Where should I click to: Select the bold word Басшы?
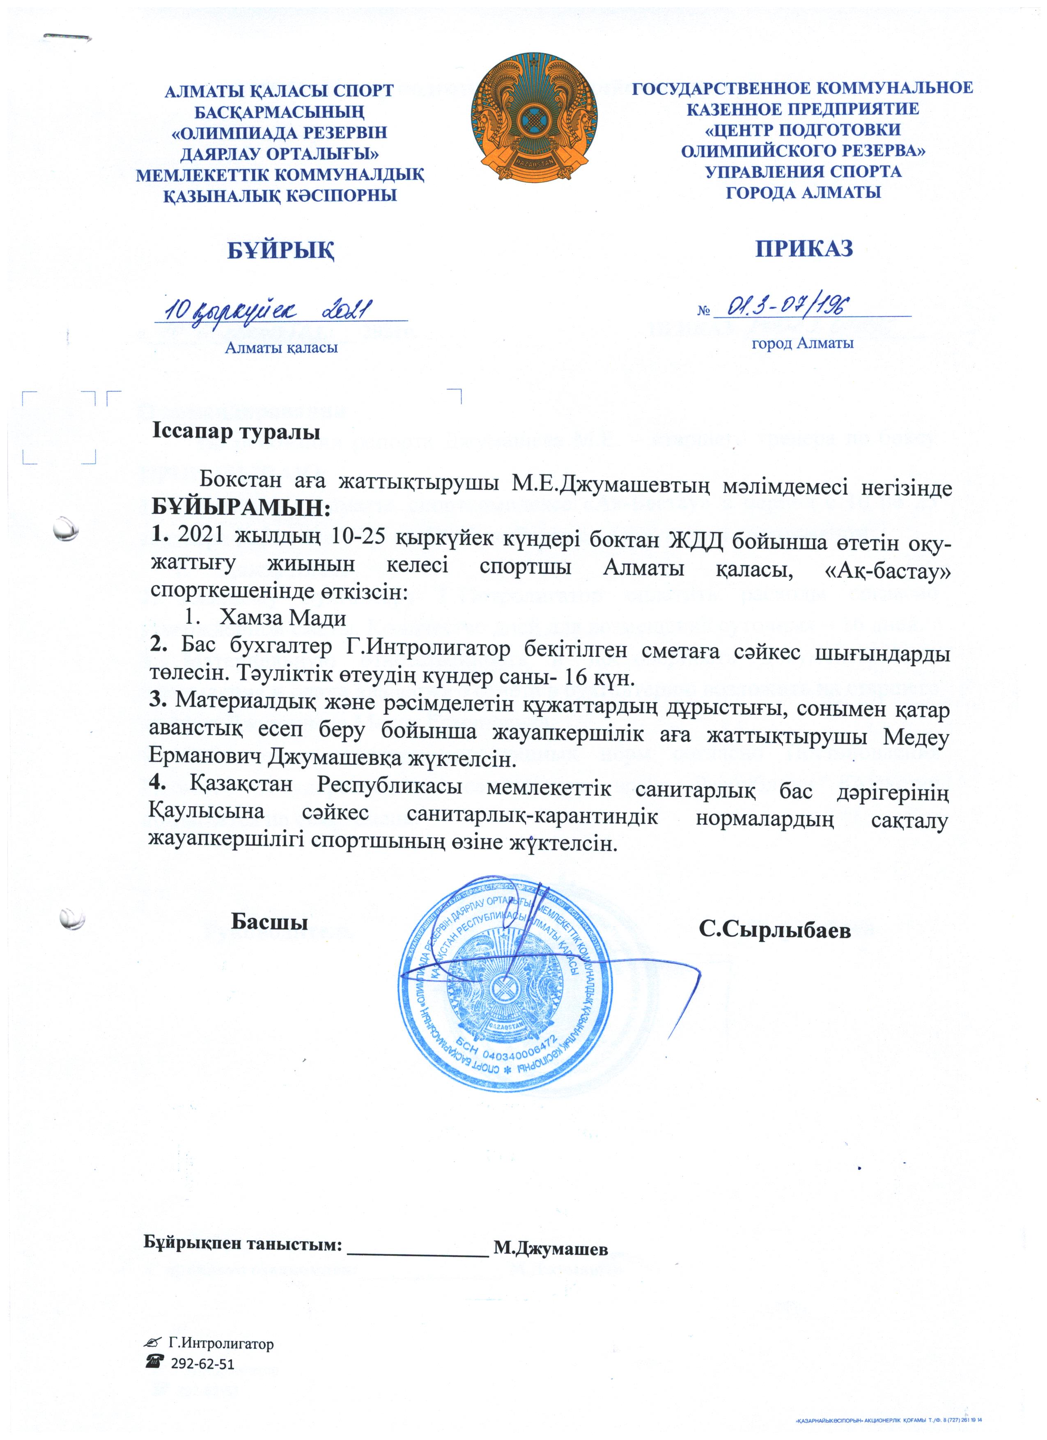click(269, 921)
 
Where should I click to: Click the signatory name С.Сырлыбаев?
click(774, 929)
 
